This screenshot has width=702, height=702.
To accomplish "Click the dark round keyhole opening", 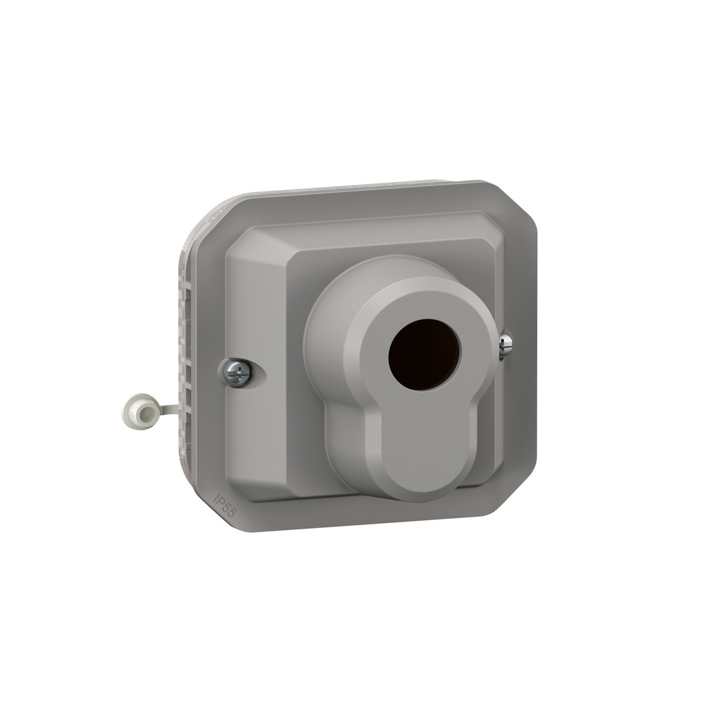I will tap(424, 355).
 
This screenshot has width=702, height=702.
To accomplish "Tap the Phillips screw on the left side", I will tap(237, 372).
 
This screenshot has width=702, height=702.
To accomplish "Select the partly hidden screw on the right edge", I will tap(505, 345).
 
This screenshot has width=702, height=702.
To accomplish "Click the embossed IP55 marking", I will tap(224, 505).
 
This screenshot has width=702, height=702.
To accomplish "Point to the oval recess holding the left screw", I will tap(242, 373).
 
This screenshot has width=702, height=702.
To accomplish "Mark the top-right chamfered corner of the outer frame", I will tap(516, 204).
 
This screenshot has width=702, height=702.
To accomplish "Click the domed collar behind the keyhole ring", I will tap(330, 316).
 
